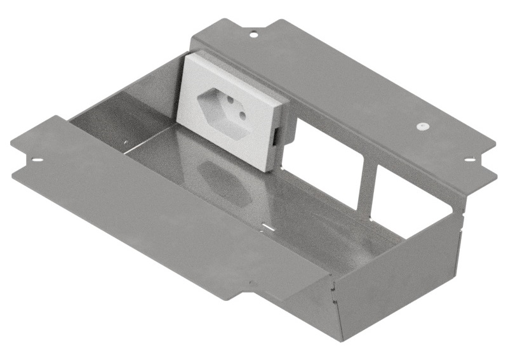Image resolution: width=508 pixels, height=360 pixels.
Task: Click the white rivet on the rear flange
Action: tap(422, 126)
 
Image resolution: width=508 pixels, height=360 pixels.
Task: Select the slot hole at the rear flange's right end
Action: tap(469, 159)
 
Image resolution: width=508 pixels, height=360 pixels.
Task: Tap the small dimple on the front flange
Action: tap(251, 283)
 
